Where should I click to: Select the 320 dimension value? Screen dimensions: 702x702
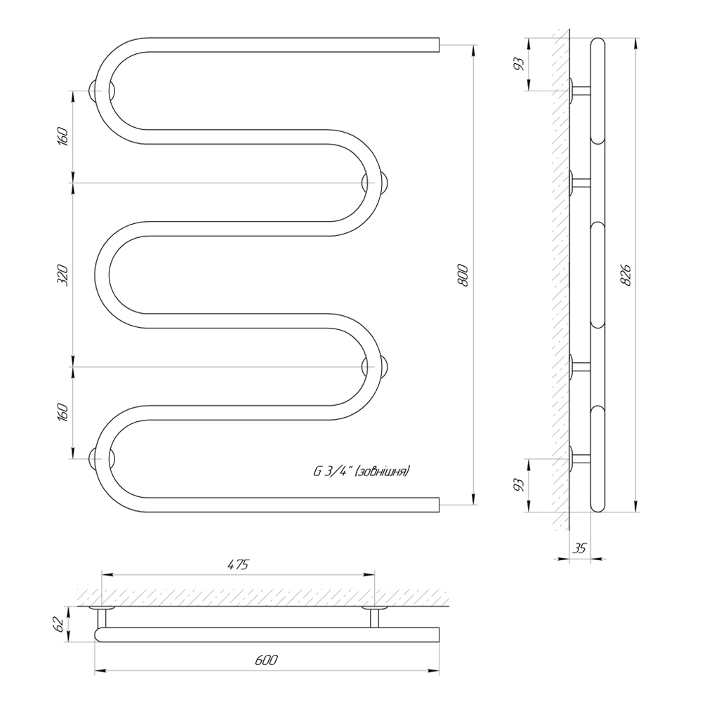click(63, 275)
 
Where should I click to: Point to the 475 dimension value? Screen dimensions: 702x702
click(238, 564)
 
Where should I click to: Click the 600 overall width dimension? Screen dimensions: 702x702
click(266, 660)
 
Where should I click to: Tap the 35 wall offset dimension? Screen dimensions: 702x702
click(580, 548)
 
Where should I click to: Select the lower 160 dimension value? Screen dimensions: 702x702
click(63, 412)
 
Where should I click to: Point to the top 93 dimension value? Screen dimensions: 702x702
click(519, 64)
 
